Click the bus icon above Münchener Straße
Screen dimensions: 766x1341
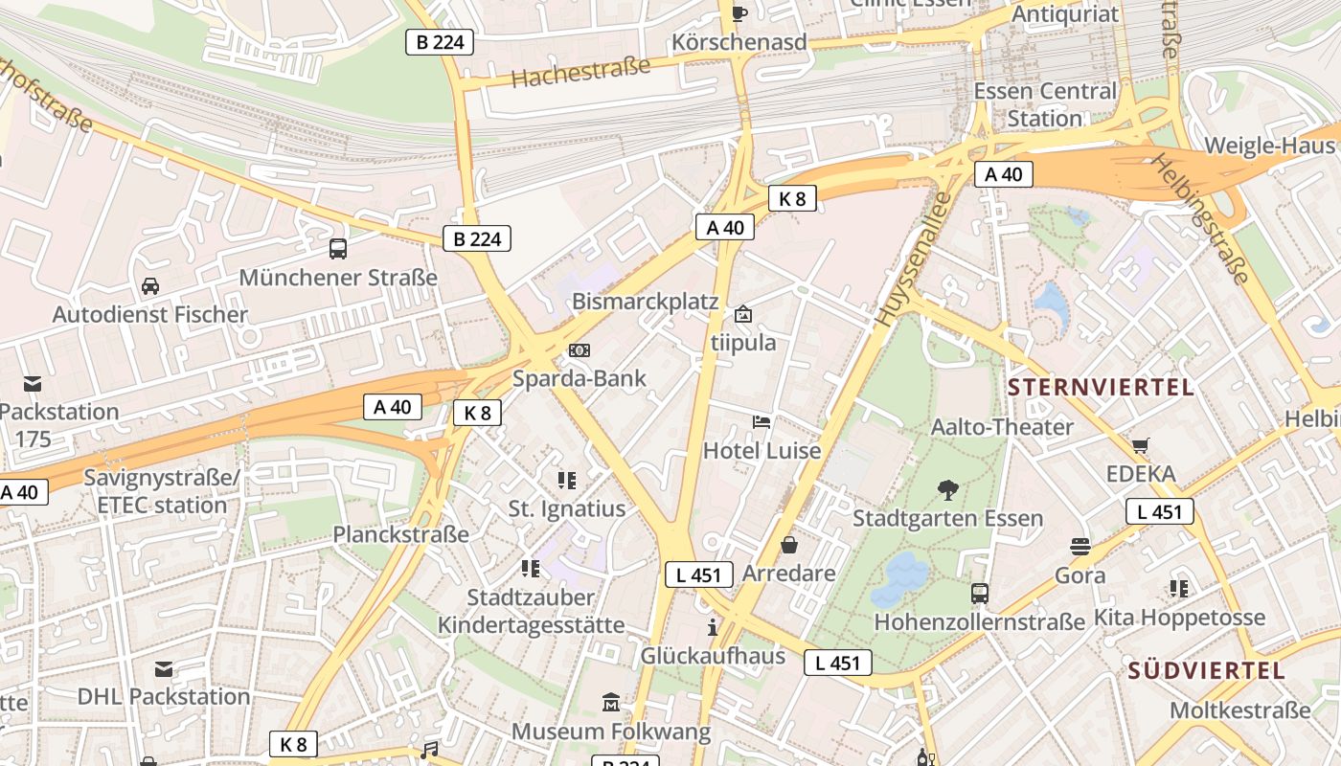tap(338, 249)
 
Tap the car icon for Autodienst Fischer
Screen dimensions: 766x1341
tap(150, 285)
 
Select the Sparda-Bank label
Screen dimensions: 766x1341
tap(580, 378)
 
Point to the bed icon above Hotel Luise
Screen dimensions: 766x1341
tap(761, 421)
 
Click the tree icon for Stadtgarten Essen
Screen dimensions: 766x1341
tap(948, 490)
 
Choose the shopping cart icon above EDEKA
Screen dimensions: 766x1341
tap(1140, 445)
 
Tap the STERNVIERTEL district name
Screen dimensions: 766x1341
tap(1102, 388)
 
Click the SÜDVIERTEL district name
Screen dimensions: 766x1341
tap(1206, 670)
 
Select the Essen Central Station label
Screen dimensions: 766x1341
tap(1045, 105)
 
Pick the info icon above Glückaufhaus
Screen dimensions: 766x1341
tap(713, 627)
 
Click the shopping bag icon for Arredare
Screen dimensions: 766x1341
tap(789, 545)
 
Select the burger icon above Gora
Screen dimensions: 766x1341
tap(1080, 547)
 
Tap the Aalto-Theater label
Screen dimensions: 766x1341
tap(1002, 427)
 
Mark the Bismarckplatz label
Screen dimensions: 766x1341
tap(645, 302)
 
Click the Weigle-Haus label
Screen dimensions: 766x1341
tap(1269, 146)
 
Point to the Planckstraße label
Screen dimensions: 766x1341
tap(401, 534)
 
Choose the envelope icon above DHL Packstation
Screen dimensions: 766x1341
tap(164, 668)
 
